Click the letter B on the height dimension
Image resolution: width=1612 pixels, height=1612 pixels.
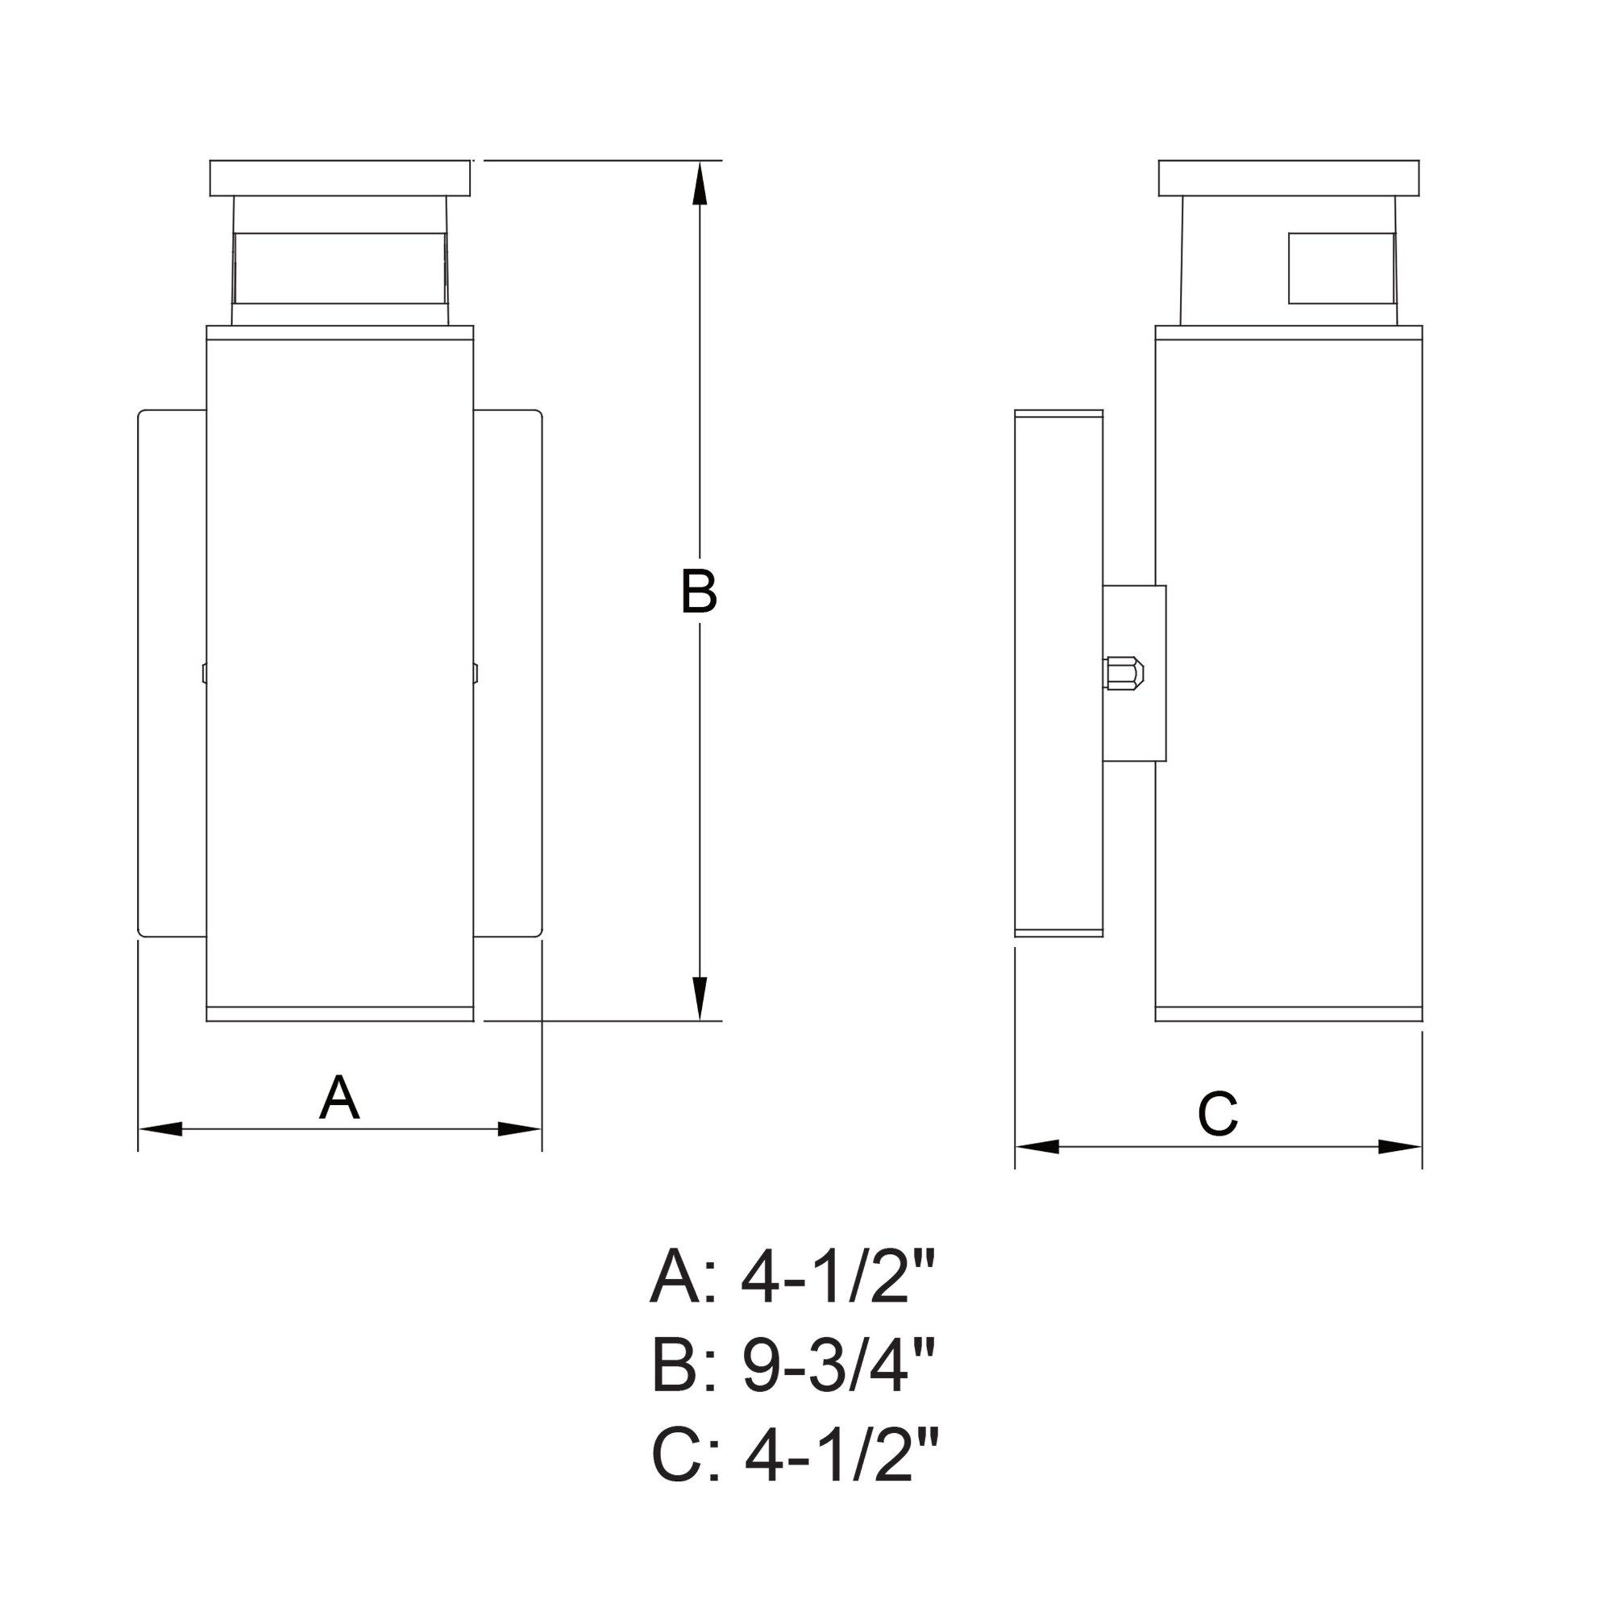(698, 592)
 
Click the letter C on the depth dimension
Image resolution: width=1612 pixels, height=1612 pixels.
(1217, 1114)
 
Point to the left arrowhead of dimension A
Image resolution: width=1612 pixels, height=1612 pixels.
(160, 1129)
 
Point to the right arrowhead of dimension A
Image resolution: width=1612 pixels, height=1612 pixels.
(520, 1129)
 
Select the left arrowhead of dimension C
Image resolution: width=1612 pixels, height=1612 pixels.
(1037, 1146)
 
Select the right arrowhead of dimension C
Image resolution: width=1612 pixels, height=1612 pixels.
(1400, 1146)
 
